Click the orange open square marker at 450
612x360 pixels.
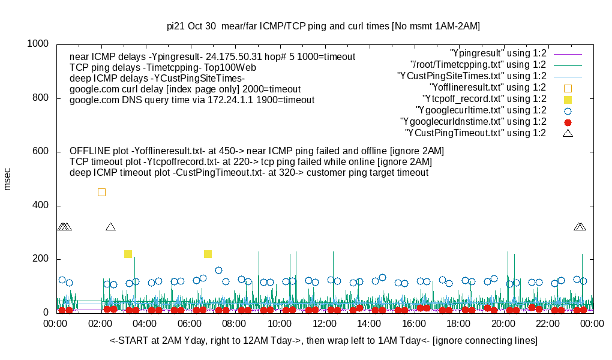[101, 192]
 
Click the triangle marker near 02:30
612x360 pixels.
[110, 227]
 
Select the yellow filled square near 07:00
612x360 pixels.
[208, 254]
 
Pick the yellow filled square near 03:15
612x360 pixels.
[128, 254]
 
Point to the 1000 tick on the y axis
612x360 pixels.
[38, 44]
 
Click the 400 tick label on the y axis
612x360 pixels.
[41, 205]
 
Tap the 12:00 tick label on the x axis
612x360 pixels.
[324, 324]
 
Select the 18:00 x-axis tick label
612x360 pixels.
[458, 324]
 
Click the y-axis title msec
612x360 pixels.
[8, 178]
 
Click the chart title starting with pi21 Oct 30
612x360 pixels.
[323, 26]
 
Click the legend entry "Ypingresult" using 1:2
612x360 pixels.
[498, 53]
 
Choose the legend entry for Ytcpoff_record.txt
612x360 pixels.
[484, 99]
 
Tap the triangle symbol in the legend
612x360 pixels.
[568, 133]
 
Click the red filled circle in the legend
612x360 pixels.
[568, 122]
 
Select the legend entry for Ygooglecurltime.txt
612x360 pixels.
[481, 110]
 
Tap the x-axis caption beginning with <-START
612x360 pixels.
[323, 341]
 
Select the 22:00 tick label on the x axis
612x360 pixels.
[548, 324]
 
